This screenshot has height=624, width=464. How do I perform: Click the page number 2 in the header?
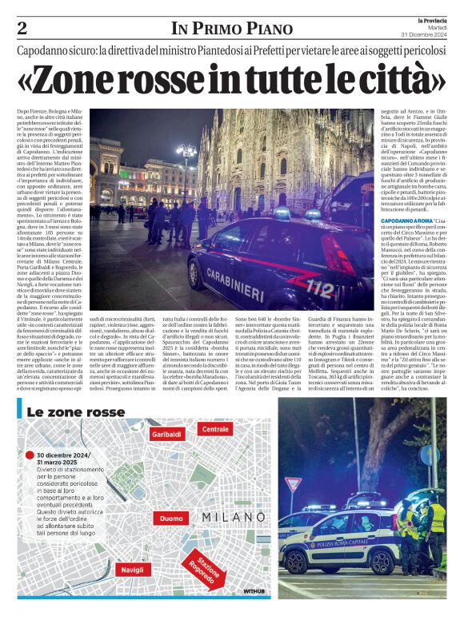tap(22, 29)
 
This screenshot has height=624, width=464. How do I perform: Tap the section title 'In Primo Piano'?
tap(231, 29)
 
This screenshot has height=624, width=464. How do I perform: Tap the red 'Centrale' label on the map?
tap(215, 429)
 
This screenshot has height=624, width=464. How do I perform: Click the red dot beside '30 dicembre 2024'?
tap(29, 453)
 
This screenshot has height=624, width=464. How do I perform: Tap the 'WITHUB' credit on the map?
tap(254, 592)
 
